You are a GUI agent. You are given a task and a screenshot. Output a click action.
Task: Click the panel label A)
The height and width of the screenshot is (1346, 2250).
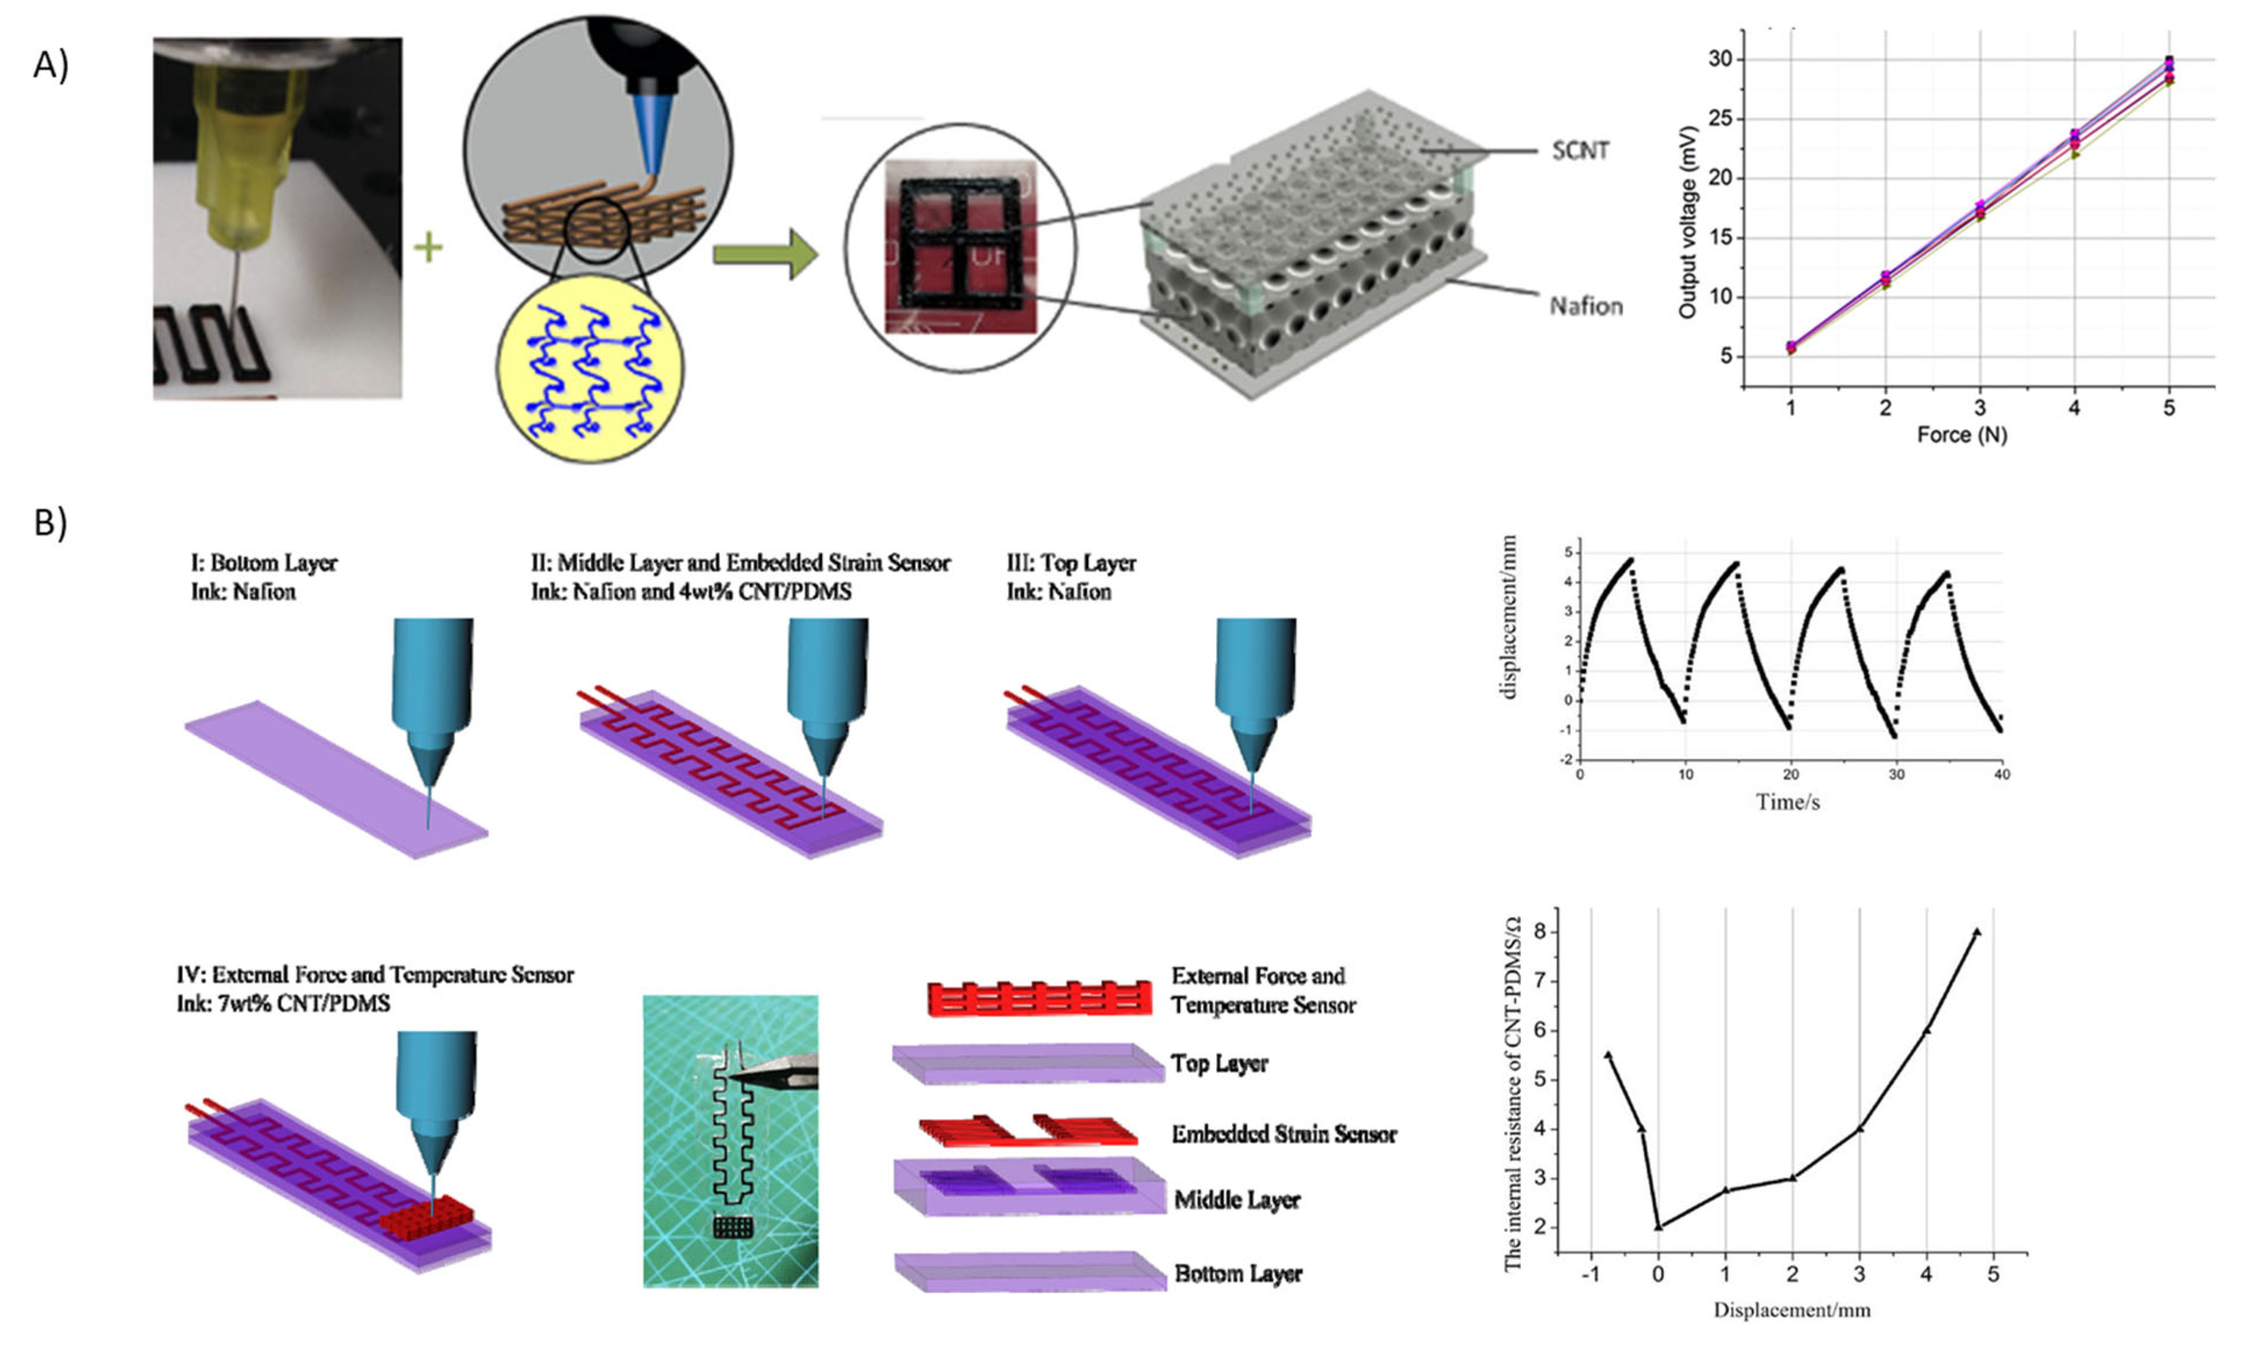point(51,65)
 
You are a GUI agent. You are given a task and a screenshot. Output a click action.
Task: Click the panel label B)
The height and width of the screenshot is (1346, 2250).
point(51,523)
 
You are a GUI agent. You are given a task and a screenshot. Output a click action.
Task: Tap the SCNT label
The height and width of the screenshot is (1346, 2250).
point(1579,150)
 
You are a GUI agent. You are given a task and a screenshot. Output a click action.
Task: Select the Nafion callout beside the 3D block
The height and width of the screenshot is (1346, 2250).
point(1585,307)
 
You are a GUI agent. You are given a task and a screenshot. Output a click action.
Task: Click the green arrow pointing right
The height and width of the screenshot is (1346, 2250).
point(765,254)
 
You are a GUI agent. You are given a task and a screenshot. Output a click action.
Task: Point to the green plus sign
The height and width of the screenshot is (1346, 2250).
point(428,247)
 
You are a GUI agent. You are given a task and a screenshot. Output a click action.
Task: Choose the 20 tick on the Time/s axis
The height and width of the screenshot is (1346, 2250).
point(1790,774)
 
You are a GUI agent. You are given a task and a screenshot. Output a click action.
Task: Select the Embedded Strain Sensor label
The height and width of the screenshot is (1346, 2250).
point(1284,1135)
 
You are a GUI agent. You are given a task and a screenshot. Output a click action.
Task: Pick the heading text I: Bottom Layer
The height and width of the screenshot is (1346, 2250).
point(263,563)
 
